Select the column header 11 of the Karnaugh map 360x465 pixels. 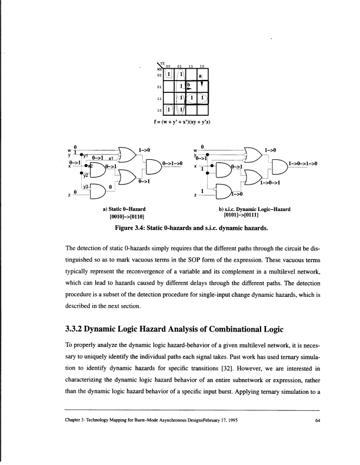[190, 66]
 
